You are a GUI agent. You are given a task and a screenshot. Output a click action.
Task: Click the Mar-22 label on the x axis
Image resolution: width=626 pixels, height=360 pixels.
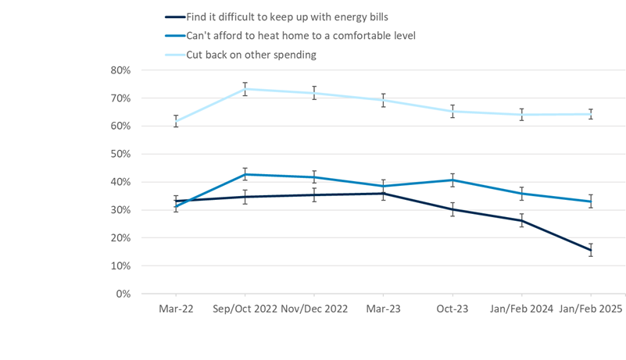(176, 309)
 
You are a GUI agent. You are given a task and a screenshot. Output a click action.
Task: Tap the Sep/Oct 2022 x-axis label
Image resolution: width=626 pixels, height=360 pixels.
(245, 309)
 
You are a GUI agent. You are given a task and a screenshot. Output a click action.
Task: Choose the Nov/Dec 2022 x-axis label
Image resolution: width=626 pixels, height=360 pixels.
(314, 309)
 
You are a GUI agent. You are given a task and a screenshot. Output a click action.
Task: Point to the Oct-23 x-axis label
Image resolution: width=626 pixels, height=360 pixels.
(453, 309)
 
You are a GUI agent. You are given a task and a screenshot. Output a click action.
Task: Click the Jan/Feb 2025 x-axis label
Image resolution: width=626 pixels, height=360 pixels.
(590, 309)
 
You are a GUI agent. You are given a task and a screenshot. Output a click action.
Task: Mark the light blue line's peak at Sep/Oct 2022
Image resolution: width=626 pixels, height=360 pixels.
(245, 88)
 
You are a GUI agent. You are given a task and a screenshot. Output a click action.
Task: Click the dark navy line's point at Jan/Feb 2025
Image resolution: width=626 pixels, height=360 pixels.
(591, 250)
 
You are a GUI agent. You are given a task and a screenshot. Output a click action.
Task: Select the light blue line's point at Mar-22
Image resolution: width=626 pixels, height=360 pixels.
(176, 121)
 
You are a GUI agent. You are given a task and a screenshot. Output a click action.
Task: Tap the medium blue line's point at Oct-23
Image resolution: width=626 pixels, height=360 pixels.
(453, 180)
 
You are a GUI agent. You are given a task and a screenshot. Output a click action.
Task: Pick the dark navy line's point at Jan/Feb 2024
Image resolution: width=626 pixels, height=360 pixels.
(521, 220)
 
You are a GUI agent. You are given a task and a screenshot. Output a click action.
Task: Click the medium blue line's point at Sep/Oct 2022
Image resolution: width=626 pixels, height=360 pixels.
(245, 174)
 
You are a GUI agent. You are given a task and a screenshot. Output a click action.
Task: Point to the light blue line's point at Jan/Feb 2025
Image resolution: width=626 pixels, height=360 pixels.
(591, 114)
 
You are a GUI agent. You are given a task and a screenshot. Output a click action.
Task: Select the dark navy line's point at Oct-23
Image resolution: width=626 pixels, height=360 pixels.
(453, 209)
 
